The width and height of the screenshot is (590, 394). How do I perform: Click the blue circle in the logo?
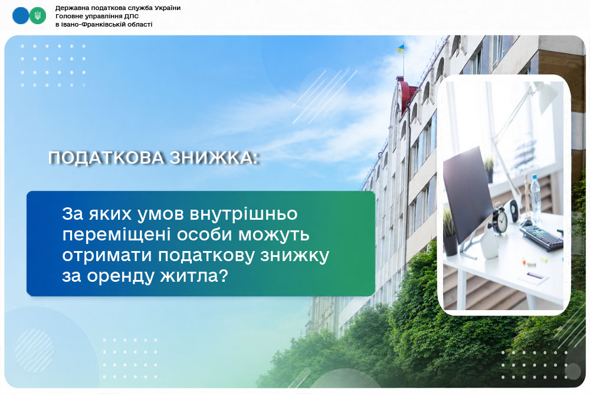coord(20,16)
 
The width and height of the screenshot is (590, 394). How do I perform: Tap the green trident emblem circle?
coord(38,16)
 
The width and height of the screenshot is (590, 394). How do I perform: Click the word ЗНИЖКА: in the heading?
coord(214,158)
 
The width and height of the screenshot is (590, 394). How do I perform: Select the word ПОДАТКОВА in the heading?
coord(106,158)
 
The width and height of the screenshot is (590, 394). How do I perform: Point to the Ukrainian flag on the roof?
coord(401,48)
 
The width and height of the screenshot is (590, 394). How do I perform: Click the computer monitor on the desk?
coord(468,194)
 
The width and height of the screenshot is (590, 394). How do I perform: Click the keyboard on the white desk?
coord(542,236)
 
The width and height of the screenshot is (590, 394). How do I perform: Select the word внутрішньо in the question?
coord(244,214)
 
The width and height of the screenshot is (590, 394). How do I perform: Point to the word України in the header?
coord(167,8)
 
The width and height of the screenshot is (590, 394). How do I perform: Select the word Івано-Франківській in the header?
coord(90,24)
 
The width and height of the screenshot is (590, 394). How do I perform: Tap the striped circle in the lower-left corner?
coord(34,350)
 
